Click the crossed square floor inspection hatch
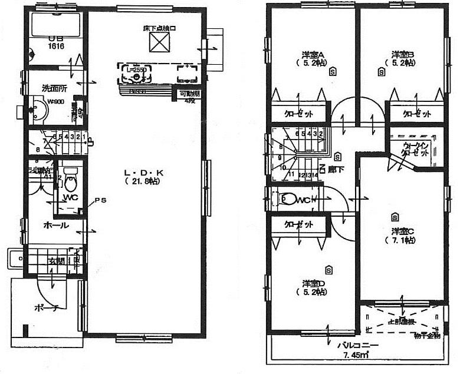point(159,42)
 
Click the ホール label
point(55,225)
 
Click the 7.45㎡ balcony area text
point(354,355)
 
